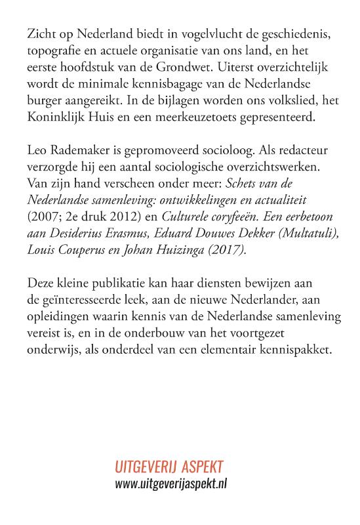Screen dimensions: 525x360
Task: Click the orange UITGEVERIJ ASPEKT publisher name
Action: [169, 467]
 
